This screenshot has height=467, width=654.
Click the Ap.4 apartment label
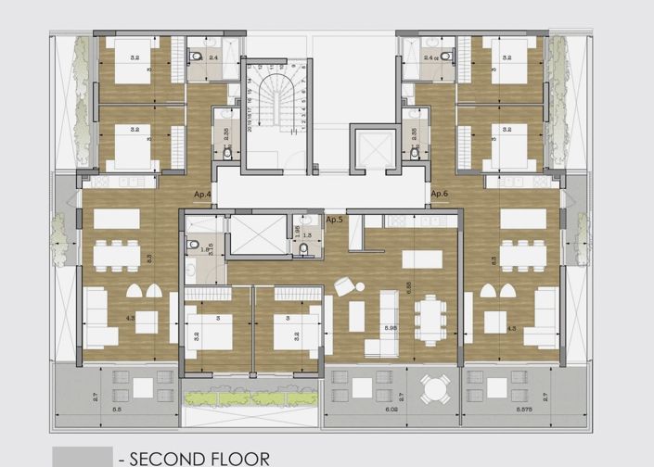point(203,195)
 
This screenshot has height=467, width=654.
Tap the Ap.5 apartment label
point(335,221)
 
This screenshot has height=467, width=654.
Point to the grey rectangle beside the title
point(83,457)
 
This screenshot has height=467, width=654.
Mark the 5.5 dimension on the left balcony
point(116,409)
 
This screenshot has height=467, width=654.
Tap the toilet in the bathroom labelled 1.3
point(306,248)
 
